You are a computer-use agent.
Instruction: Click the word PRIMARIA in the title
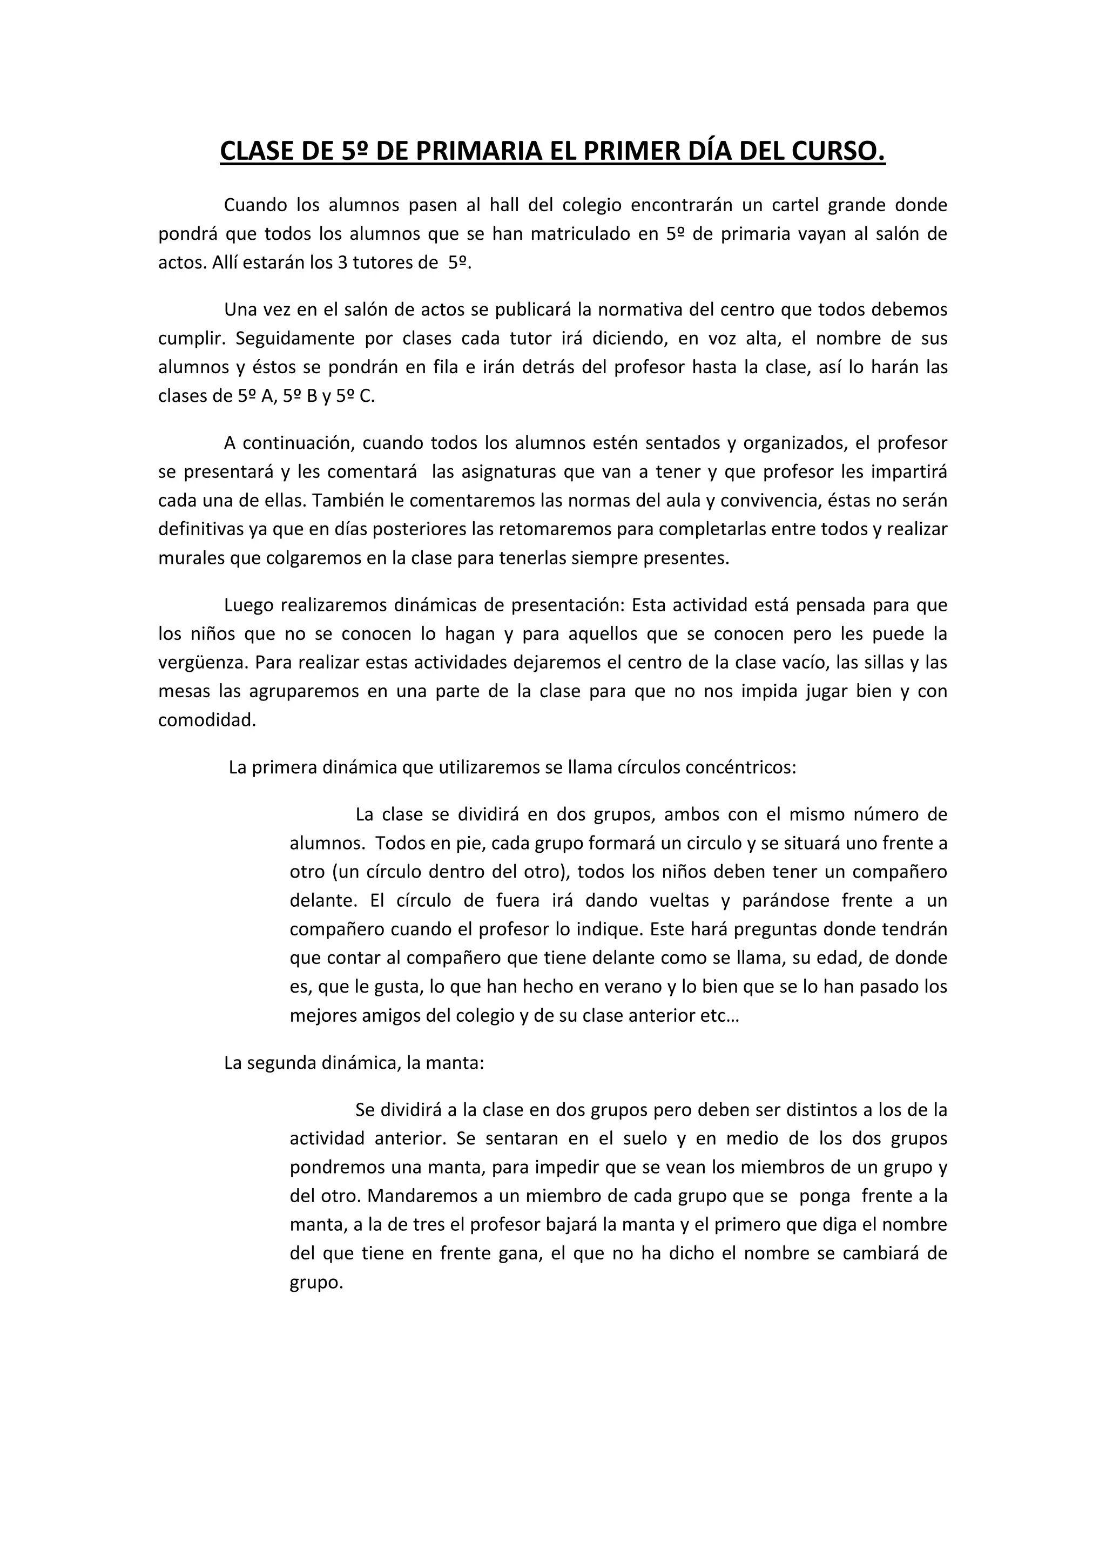coord(477,151)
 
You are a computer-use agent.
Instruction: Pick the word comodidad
coord(206,720)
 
